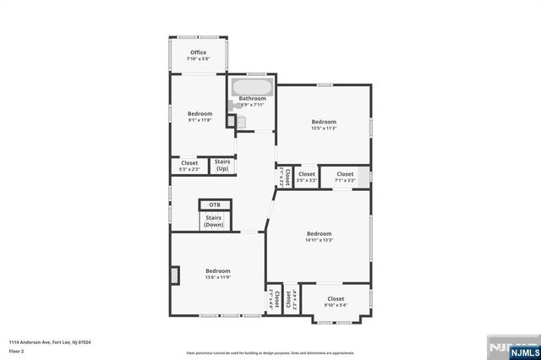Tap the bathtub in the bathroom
pos(252,87)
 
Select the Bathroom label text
pos(252,99)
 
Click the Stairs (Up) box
pos(222,165)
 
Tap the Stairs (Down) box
pos(214,221)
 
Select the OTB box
pos(215,204)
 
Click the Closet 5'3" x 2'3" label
pos(189,166)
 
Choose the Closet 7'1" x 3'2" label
pos(344,177)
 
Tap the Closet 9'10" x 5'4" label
pos(336,302)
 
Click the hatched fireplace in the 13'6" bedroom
pos(175,275)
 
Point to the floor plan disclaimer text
pos(270,352)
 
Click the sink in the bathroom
pos(240,122)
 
